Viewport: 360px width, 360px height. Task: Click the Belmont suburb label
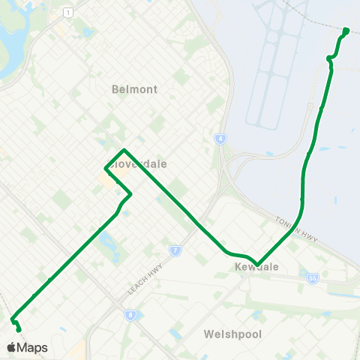(x=134, y=89)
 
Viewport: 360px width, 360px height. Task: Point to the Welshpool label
(x=232, y=334)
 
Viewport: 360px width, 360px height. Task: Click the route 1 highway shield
(x=68, y=13)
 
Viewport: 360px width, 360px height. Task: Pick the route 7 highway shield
(x=174, y=250)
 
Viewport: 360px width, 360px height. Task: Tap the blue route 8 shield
(x=130, y=315)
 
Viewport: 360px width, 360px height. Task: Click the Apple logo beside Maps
(x=11, y=347)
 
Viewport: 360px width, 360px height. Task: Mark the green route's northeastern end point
(x=346, y=31)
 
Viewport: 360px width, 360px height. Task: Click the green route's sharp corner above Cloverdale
(x=124, y=150)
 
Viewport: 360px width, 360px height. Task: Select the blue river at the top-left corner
(x=11, y=45)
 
